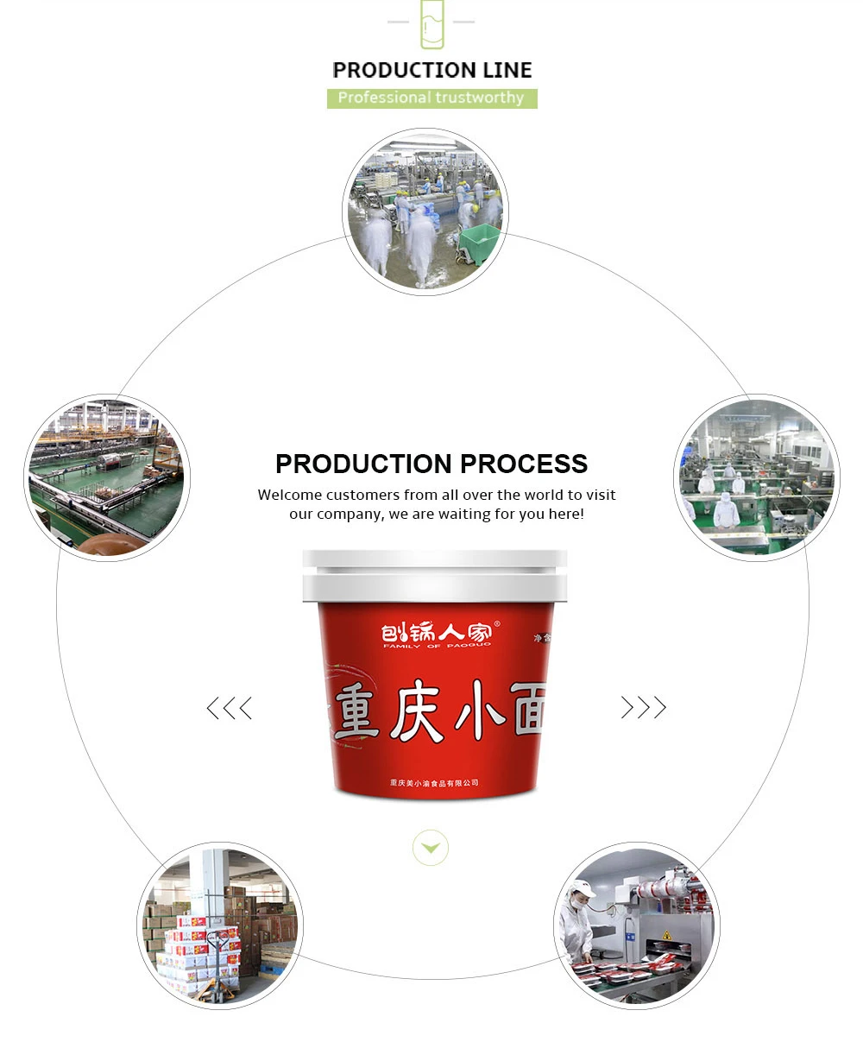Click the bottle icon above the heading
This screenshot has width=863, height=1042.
tap(431, 24)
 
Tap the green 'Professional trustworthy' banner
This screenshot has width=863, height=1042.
tap(431, 98)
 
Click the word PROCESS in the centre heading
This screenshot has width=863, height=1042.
tap(524, 464)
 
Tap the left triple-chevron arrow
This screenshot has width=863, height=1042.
tap(230, 709)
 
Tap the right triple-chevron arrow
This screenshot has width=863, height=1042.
tap(644, 708)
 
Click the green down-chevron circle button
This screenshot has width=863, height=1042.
tap(431, 848)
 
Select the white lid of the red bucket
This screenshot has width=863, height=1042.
tap(435, 576)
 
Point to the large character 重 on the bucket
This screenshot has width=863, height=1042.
tap(356, 710)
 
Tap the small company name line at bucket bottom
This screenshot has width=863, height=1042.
tap(434, 783)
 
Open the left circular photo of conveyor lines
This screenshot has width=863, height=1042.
tap(107, 478)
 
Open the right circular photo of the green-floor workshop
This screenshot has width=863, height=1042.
tap(757, 478)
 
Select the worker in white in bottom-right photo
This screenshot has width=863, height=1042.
tap(576, 924)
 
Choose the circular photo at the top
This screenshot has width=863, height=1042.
tap(425, 212)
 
